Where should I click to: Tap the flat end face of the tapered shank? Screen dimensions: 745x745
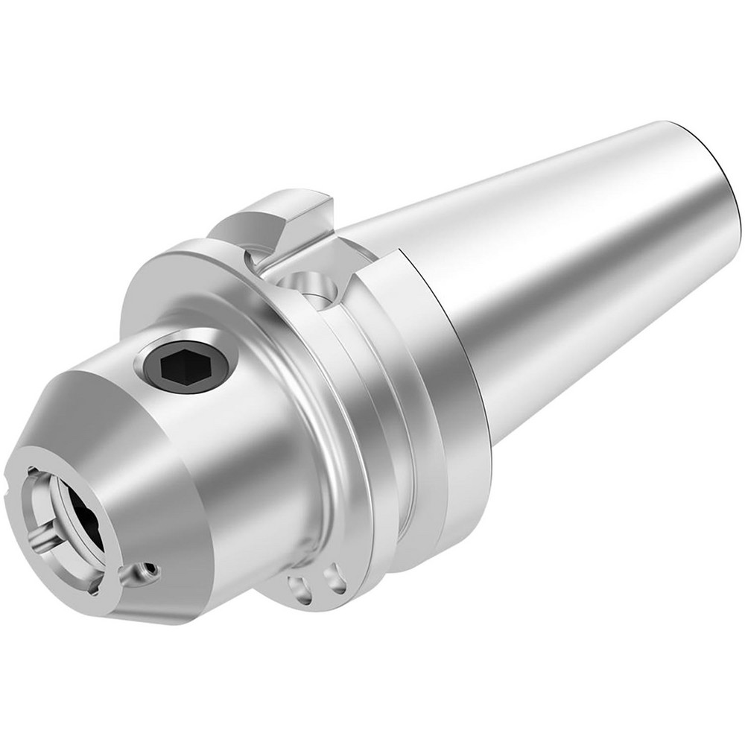(715, 171)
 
